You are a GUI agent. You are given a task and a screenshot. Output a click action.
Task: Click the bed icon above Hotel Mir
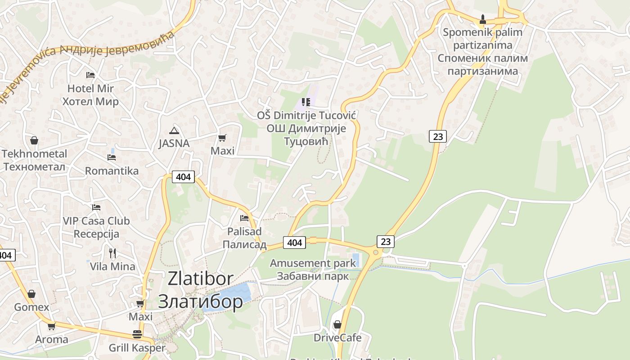90,75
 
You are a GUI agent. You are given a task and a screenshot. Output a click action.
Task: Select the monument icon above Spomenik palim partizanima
483,19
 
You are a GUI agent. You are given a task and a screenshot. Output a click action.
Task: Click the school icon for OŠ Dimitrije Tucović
306,103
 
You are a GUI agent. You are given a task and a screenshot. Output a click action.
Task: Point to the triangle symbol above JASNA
174,131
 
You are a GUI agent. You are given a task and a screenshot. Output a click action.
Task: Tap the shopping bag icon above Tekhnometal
34,141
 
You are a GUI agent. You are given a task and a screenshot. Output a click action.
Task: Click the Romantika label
112,171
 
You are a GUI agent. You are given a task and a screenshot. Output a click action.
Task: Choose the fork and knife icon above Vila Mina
112,253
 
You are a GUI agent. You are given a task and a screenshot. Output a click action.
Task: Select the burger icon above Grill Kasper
137,334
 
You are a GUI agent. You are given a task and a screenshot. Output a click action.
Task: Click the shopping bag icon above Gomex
31,294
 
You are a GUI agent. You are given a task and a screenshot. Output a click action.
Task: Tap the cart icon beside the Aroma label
52,326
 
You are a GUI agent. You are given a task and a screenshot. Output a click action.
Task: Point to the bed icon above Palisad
244,218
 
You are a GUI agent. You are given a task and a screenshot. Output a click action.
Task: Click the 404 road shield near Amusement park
294,243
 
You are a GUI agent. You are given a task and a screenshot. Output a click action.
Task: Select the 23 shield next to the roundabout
386,241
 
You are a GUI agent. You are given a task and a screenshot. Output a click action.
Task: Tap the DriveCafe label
337,337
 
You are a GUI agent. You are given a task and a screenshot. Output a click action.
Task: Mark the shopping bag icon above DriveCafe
337,324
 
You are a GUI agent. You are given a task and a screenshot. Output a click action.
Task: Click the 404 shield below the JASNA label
183,177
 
